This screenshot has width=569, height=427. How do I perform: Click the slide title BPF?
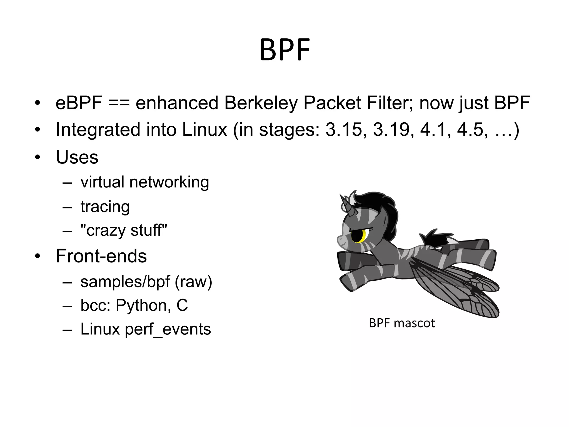pyautogui.click(x=285, y=50)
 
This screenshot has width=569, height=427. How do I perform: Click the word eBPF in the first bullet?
pyautogui.click(x=79, y=103)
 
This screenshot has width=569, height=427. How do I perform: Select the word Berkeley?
pyautogui.click(x=261, y=103)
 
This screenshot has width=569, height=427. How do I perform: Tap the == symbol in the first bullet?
pyautogui.click(x=119, y=103)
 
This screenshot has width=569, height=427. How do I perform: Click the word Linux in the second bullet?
pyautogui.click(x=204, y=130)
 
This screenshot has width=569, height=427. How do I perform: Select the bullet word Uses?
pyautogui.click(x=77, y=157)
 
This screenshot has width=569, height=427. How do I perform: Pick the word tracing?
pyautogui.click(x=105, y=207)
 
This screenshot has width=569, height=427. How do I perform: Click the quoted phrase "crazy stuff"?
pyautogui.click(x=124, y=230)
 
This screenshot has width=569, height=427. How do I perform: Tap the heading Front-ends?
pyautogui.click(x=101, y=256)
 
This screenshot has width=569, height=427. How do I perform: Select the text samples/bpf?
pyautogui.click(x=125, y=282)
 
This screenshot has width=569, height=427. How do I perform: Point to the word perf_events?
pyautogui.click(x=168, y=329)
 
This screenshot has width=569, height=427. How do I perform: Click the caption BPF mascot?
pyautogui.click(x=402, y=323)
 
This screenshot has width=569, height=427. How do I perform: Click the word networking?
pyautogui.click(x=169, y=182)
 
